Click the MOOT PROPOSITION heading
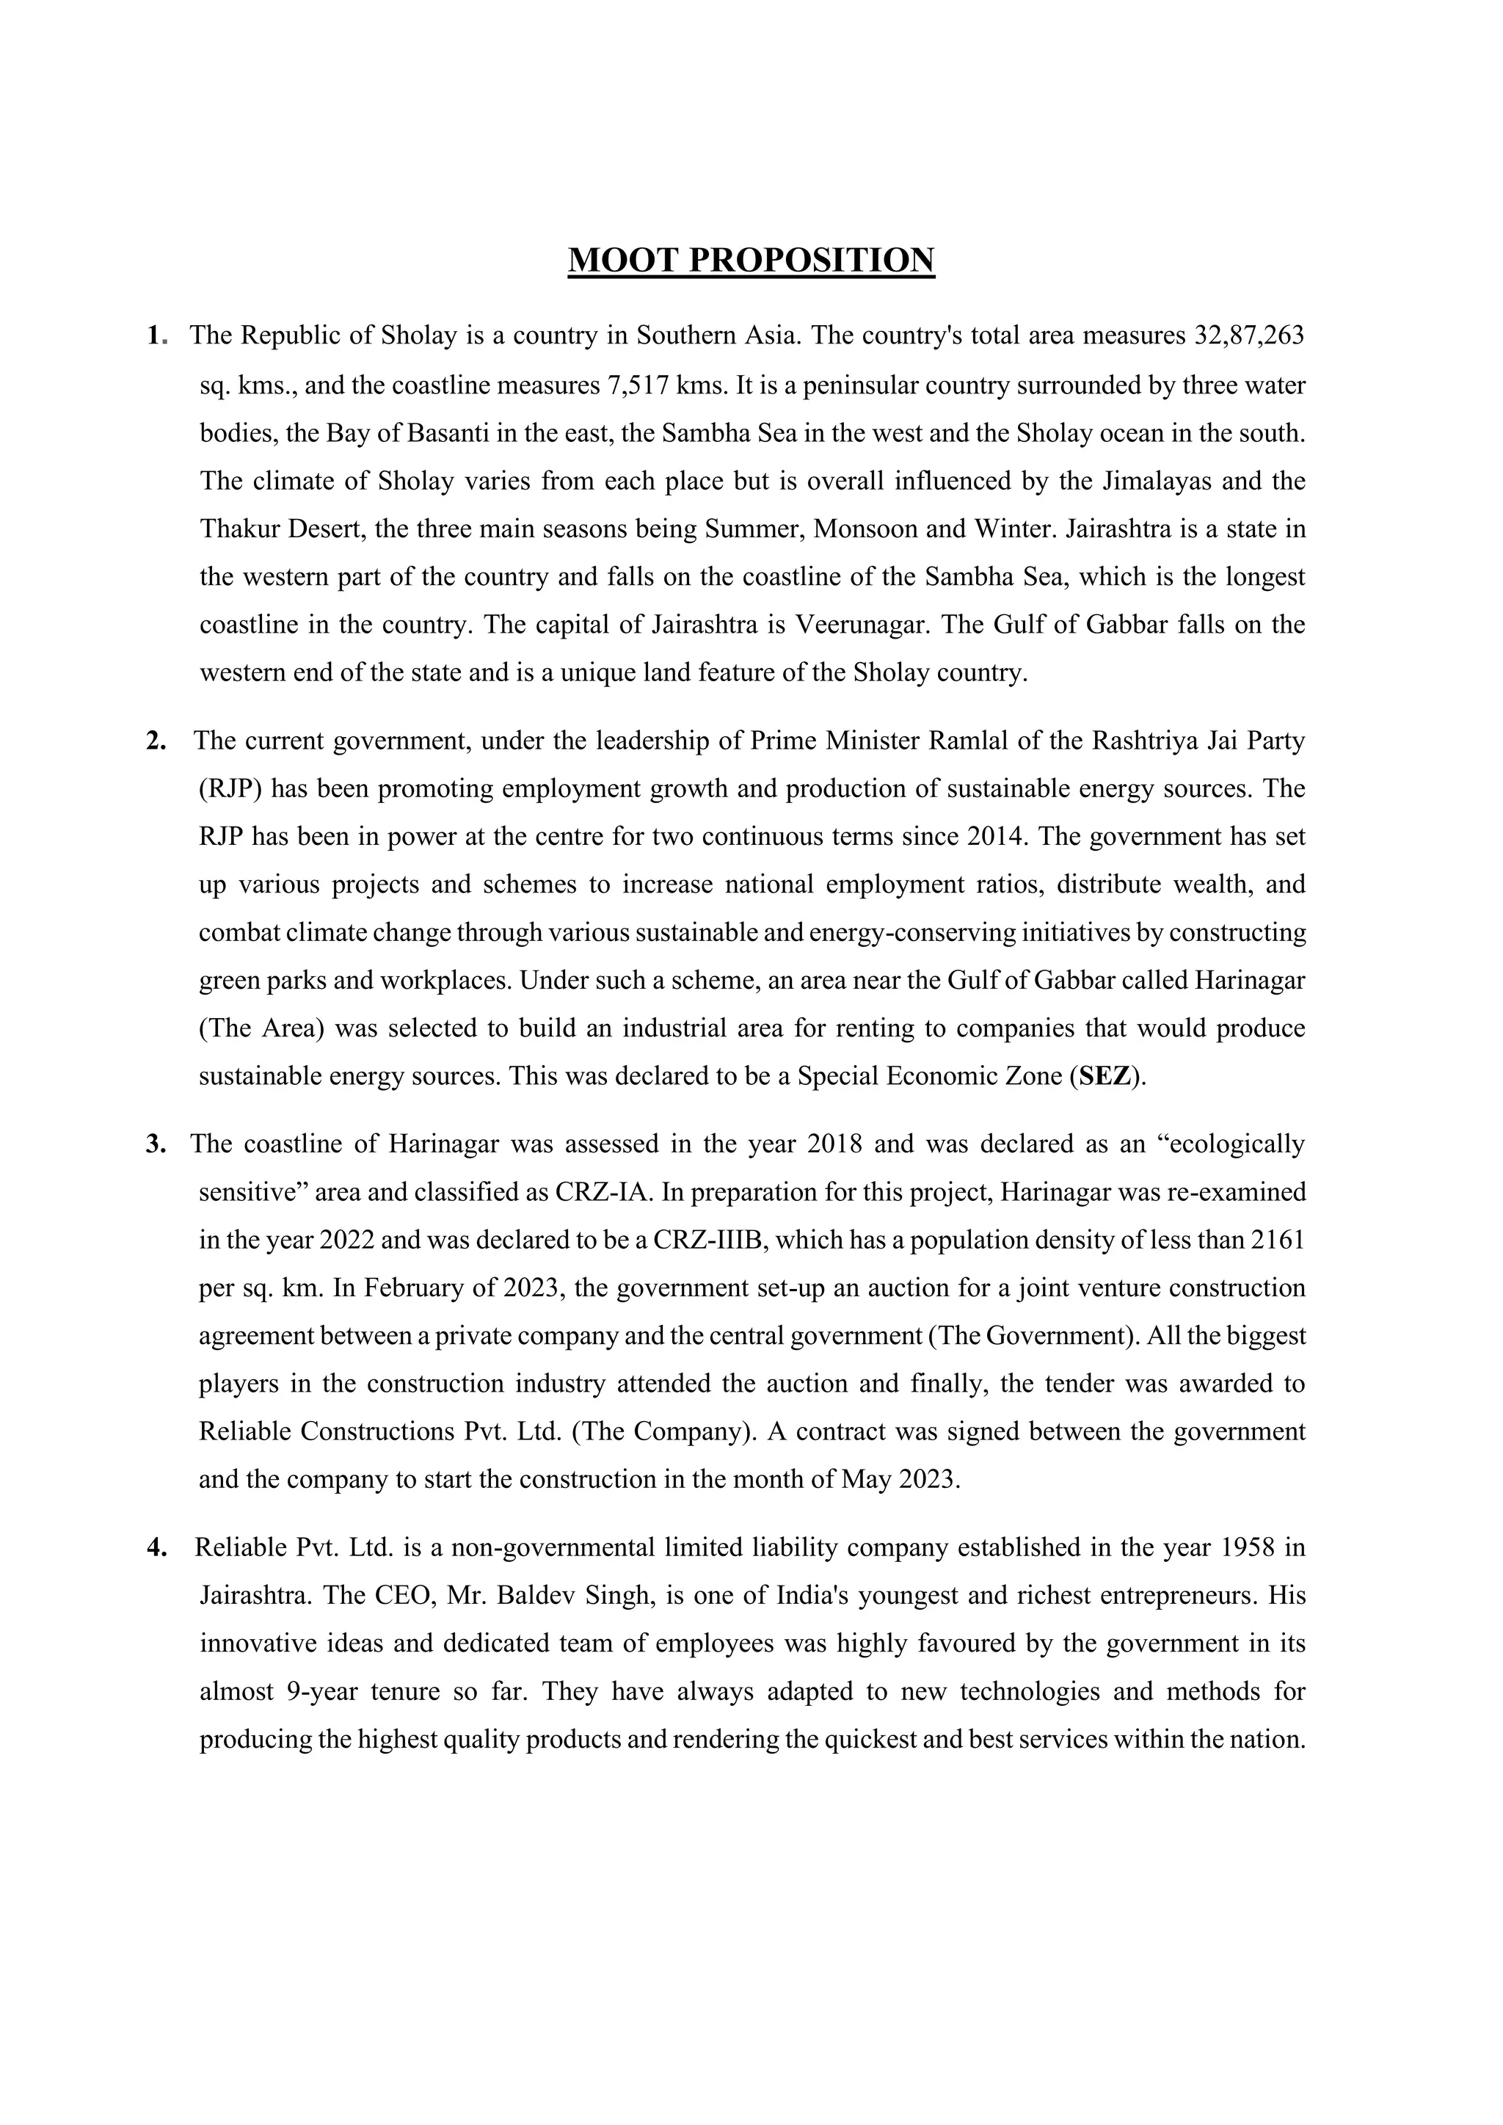pyautogui.click(x=751, y=260)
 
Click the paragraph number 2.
pyautogui.click(x=156, y=741)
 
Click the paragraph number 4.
pyautogui.click(x=156, y=1547)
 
